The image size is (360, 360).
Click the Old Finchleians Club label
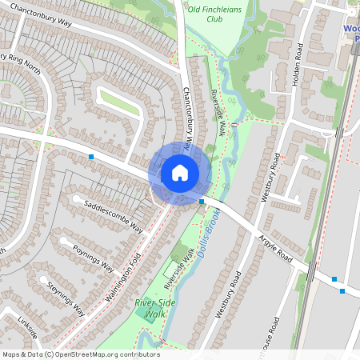[215, 14]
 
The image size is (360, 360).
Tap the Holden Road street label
[300, 64]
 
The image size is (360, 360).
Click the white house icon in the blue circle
[180, 172]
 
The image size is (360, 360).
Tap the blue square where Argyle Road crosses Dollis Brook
[202, 202]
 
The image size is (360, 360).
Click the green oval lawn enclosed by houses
[120, 102]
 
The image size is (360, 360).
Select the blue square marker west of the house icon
[92, 156]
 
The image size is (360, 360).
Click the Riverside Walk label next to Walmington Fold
[179, 268]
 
